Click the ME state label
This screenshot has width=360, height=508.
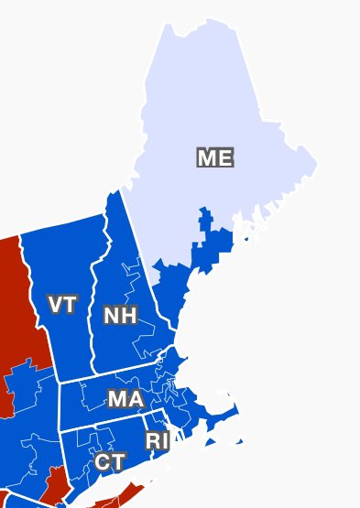(x=215, y=157)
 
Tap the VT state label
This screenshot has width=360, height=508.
(x=62, y=305)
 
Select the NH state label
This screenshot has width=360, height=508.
(x=120, y=316)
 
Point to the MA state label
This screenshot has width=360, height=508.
(x=125, y=399)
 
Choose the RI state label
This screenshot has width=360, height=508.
(x=157, y=440)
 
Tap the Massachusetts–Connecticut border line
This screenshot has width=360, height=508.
(x=101, y=427)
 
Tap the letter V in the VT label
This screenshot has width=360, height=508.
(x=55, y=305)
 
